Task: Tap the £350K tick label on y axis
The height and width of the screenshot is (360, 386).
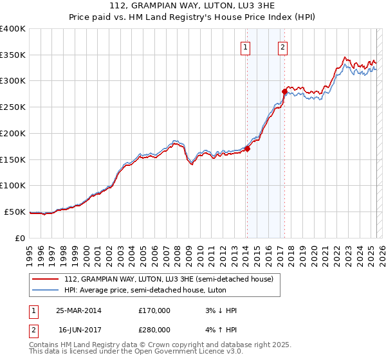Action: [13, 55]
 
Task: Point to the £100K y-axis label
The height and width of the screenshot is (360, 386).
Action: [13, 186]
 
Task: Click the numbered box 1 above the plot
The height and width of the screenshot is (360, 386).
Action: [246, 46]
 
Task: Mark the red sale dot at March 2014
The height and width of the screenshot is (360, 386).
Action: [247, 149]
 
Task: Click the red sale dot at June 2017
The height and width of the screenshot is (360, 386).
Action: [284, 92]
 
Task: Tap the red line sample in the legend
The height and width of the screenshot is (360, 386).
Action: [45, 279]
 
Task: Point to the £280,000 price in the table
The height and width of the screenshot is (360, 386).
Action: [154, 328]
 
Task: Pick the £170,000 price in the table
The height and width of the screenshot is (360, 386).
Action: [154, 310]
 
